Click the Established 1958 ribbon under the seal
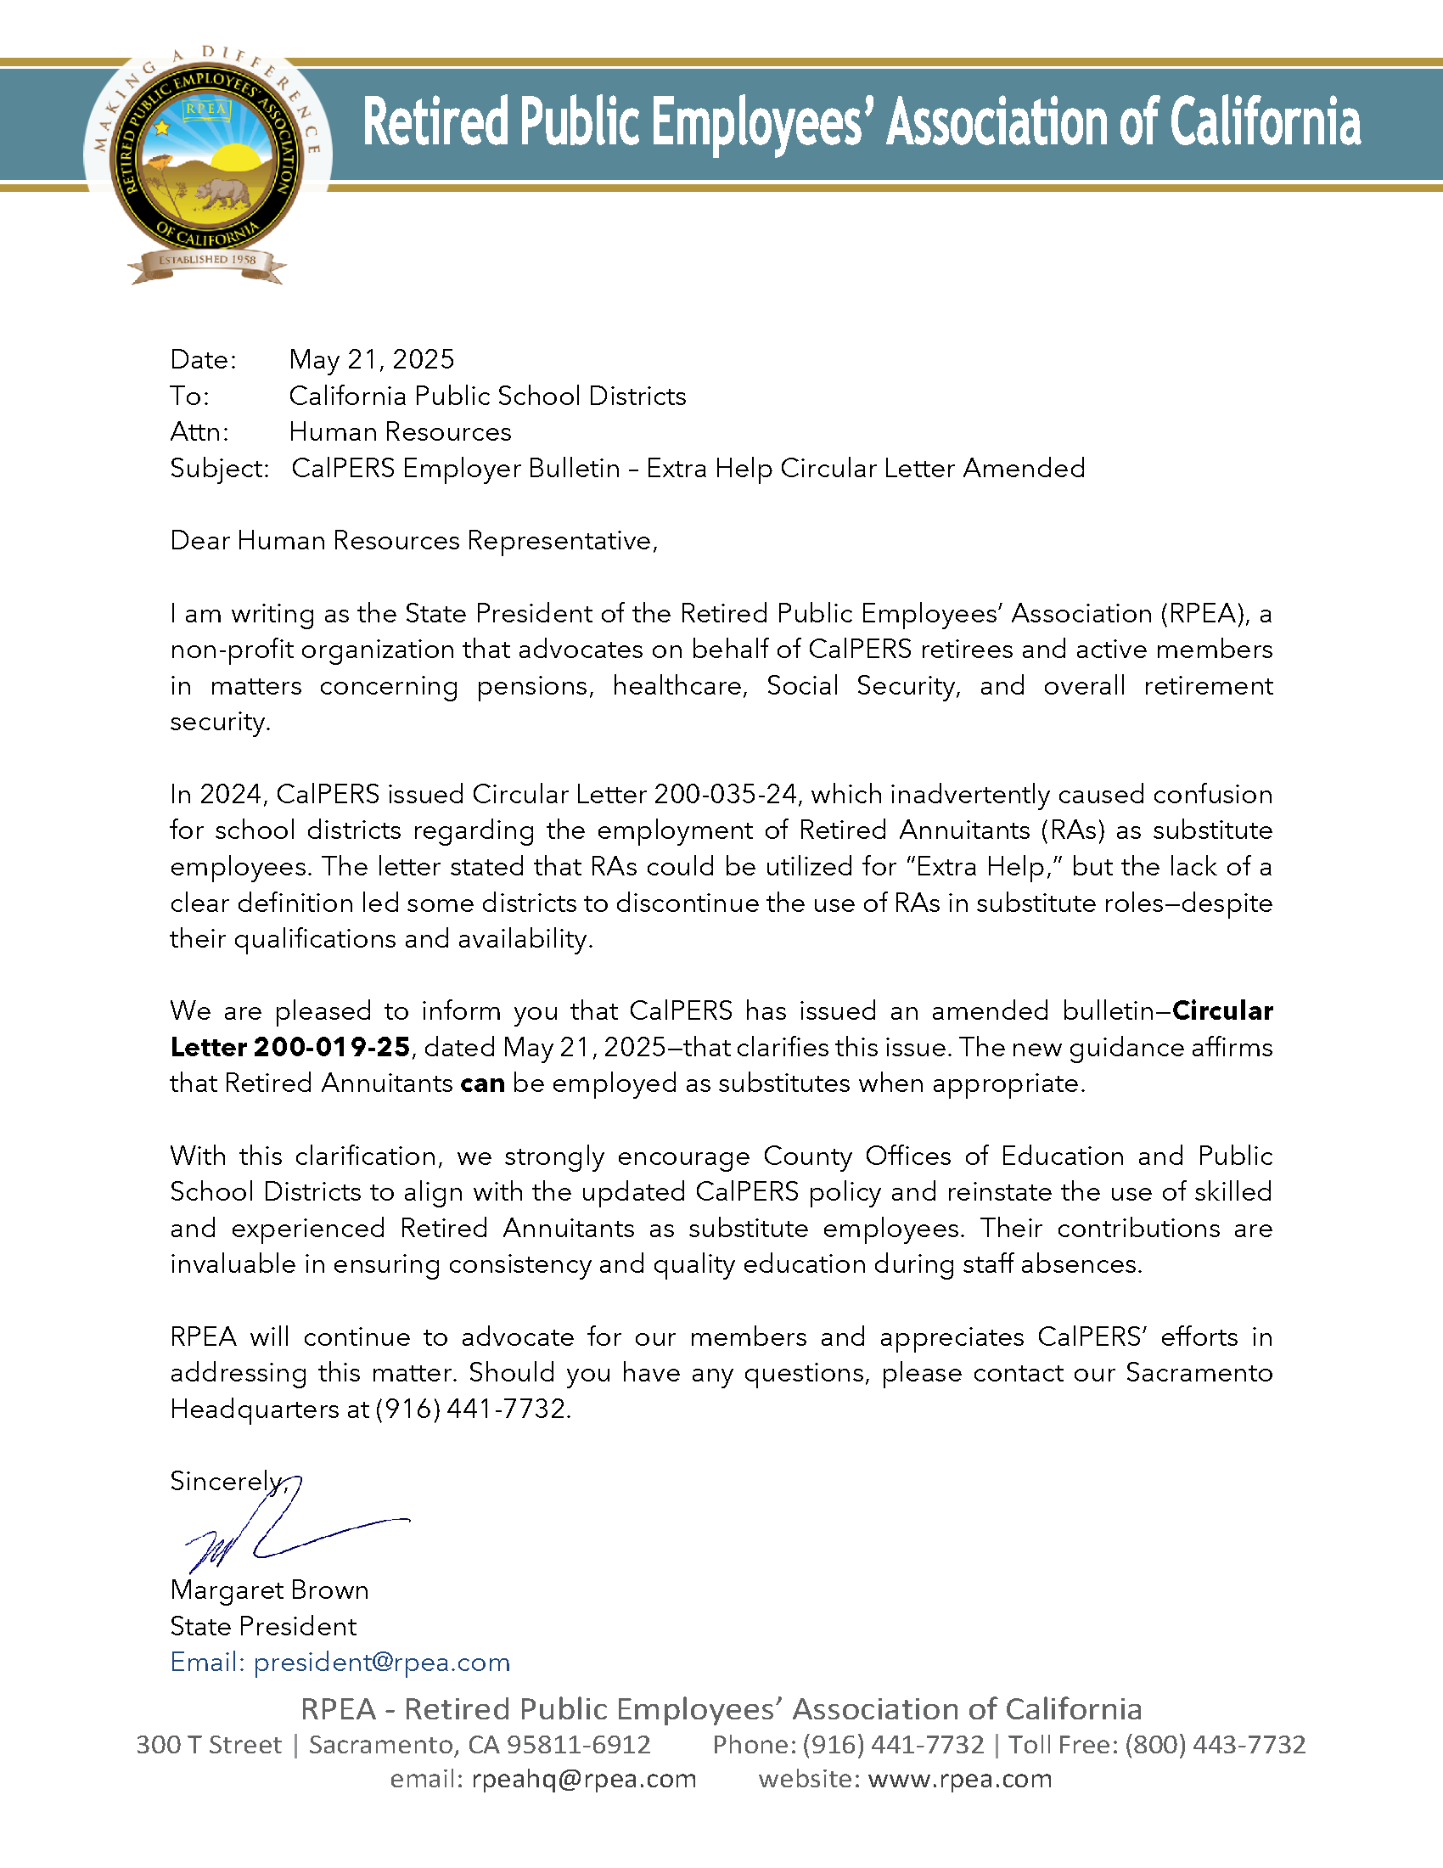point(207,260)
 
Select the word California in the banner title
point(1265,122)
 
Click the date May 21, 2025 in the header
point(372,359)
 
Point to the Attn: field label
point(199,432)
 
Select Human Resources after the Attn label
point(400,432)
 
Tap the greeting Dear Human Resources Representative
point(413,541)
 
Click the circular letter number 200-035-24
point(726,795)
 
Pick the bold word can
point(482,1083)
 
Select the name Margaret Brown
point(269,1590)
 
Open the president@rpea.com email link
point(381,1662)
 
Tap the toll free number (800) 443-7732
point(1215,1745)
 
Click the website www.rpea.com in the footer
point(959,1779)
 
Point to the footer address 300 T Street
point(209,1745)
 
